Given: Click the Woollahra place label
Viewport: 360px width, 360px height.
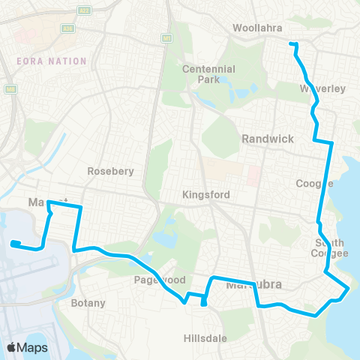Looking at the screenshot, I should (x=256, y=28).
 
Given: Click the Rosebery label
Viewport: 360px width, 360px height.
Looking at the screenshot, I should (x=110, y=171).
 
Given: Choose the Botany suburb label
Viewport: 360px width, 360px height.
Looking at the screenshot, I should (x=88, y=304).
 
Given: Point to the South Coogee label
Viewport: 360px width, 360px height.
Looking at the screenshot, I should (x=331, y=248).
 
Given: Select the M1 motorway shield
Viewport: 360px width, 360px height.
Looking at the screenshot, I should (x=166, y=37).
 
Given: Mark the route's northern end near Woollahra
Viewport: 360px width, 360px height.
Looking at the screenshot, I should (x=291, y=45).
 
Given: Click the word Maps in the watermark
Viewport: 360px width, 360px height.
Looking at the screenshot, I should (x=33, y=347).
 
